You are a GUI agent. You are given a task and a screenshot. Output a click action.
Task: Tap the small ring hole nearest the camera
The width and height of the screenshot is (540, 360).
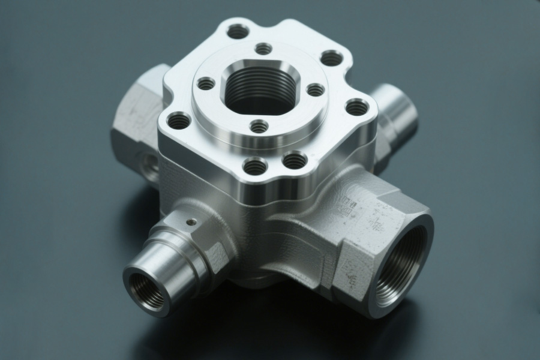(x=259, y=127)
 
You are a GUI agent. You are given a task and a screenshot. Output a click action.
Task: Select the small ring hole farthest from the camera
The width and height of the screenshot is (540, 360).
(x=263, y=49)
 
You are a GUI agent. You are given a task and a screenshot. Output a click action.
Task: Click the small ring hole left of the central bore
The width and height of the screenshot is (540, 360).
(x=206, y=83)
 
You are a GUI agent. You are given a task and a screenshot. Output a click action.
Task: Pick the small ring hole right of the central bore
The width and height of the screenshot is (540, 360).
(x=316, y=90)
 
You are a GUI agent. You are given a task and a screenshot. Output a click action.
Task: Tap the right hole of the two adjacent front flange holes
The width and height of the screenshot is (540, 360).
(x=295, y=160)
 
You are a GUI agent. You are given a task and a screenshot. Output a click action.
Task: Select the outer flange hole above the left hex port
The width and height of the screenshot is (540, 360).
(x=178, y=121)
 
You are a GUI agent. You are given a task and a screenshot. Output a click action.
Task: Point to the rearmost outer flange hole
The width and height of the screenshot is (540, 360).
(x=238, y=31)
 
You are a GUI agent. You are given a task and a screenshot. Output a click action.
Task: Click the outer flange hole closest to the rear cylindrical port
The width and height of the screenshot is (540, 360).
(x=357, y=107)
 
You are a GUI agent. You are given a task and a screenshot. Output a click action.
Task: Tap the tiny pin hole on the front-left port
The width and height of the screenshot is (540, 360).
(x=191, y=222)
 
